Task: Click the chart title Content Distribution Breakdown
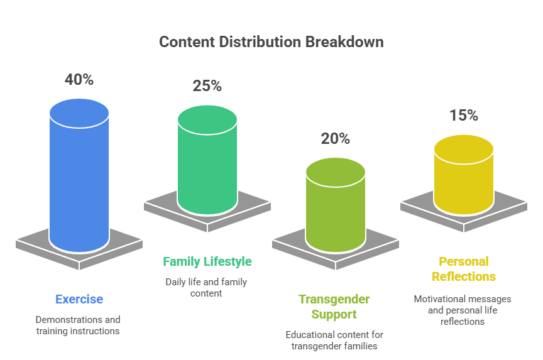click(x=271, y=42)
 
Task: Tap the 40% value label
click(x=79, y=80)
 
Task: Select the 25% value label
click(x=207, y=86)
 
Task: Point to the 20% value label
click(x=335, y=139)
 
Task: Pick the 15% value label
click(x=464, y=116)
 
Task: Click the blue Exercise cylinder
click(x=79, y=175)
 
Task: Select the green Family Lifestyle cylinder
click(x=207, y=160)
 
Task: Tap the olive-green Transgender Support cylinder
click(x=335, y=205)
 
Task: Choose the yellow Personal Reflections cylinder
click(x=464, y=175)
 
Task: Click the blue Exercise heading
click(x=79, y=300)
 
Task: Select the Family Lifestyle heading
click(x=207, y=262)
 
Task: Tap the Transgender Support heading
click(x=334, y=307)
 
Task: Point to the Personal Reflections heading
click(x=464, y=269)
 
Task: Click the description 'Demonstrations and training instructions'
click(x=78, y=325)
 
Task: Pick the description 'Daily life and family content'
click(x=206, y=288)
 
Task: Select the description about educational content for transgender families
click(x=334, y=341)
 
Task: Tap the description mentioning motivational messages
click(x=463, y=310)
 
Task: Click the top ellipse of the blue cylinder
click(x=79, y=113)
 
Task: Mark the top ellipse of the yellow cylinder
click(x=464, y=149)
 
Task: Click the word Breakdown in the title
click(x=344, y=42)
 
